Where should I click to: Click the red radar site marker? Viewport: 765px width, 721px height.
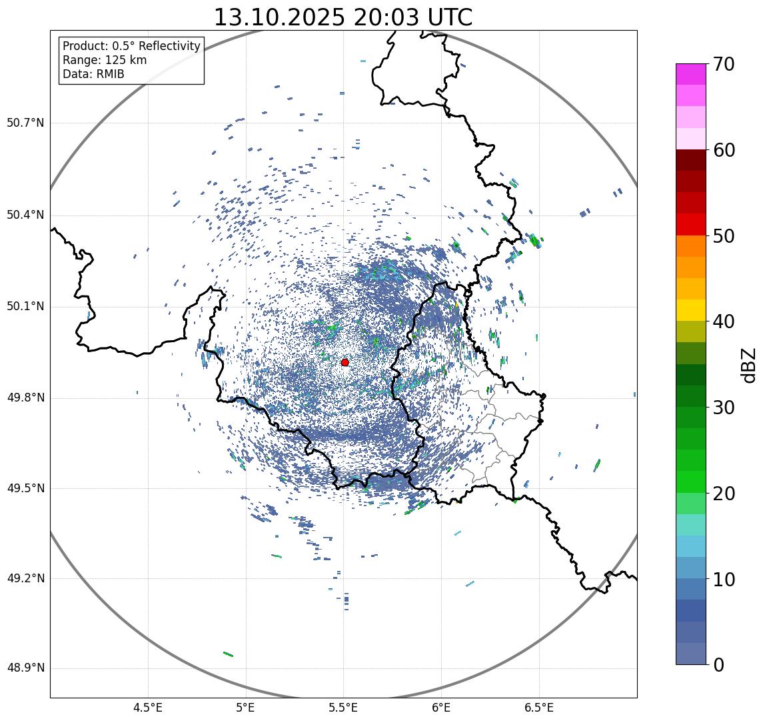pos(345,362)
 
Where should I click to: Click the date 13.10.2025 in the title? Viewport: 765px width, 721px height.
pos(279,18)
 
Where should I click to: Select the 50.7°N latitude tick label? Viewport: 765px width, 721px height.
pos(25,123)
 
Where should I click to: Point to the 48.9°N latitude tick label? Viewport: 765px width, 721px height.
pos(25,668)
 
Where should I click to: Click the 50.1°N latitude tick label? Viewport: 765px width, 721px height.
pos(25,307)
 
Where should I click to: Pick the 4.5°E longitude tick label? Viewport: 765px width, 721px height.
pos(148,708)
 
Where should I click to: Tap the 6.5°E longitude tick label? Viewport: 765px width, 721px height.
pos(538,708)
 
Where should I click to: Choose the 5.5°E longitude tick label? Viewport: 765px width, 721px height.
pos(343,708)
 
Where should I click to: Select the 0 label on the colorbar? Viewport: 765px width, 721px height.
pos(719,665)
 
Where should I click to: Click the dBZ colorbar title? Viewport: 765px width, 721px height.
pos(749,365)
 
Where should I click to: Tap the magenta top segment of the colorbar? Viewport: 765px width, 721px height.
pos(695,74)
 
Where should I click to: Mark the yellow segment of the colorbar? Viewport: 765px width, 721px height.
pos(695,310)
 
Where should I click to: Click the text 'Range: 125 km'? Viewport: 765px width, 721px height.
pos(105,60)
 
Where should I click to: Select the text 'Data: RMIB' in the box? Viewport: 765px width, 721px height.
pos(93,74)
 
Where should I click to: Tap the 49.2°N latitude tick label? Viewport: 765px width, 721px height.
pos(25,578)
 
